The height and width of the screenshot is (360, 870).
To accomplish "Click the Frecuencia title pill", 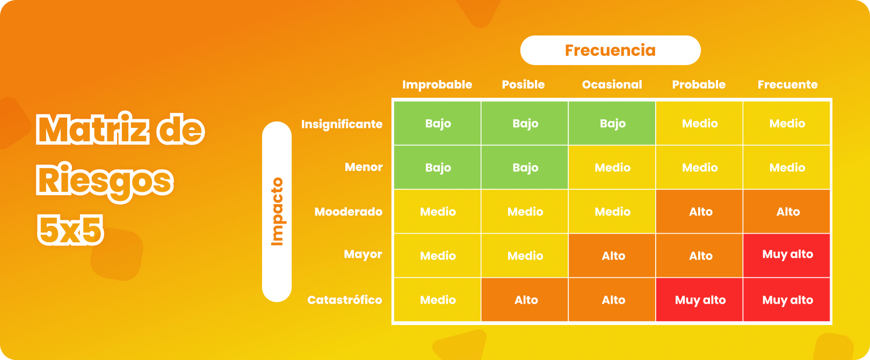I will [610, 51].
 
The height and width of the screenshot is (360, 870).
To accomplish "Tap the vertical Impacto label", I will [277, 212].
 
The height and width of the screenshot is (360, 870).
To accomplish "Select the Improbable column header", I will [437, 84].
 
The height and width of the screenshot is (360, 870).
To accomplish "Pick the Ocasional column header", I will [612, 84].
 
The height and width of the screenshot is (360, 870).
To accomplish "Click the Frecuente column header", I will [787, 84].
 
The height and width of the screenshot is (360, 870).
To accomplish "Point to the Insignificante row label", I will [342, 124].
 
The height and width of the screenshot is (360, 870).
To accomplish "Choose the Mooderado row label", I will [348, 212].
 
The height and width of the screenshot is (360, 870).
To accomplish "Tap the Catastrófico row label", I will [344, 300].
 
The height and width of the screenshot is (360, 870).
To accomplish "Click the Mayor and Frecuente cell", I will [787, 255].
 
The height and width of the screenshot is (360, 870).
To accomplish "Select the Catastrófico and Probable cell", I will [700, 300].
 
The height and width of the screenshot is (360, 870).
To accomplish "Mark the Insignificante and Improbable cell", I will [438, 124].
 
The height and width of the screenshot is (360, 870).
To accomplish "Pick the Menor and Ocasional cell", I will [612, 168].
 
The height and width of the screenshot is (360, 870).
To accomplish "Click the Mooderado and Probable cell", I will [700, 212].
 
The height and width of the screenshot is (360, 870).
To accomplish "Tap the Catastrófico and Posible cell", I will [525, 300].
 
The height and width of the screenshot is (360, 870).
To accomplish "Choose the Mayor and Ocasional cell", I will [612, 256].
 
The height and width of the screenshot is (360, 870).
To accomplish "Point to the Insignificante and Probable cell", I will [700, 124].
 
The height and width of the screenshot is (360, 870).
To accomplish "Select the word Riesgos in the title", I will [105, 181].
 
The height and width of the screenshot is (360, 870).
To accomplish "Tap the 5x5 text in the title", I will [70, 230].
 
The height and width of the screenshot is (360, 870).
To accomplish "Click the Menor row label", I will [364, 167].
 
